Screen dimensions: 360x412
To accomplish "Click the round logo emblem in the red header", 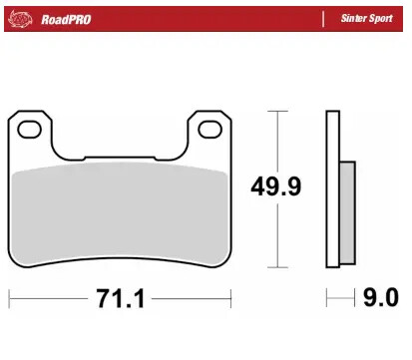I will tap(22, 19).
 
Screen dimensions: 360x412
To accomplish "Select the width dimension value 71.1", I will tap(122, 298).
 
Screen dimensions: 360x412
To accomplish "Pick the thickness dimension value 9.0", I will tap(380, 298).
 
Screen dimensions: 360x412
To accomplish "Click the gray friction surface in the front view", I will tap(120, 214).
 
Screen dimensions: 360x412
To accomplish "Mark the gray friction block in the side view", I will tap(346, 212).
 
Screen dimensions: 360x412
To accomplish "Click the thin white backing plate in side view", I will tap(331, 189).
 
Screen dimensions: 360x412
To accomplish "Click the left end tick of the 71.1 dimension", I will tap(9, 298).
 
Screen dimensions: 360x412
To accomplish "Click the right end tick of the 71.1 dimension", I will tap(230, 298).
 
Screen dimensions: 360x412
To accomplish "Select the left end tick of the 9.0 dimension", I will tap(327, 298).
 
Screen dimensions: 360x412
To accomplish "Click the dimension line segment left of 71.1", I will tap(50, 298).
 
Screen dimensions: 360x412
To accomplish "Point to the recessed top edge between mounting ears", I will tap(120, 159).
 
